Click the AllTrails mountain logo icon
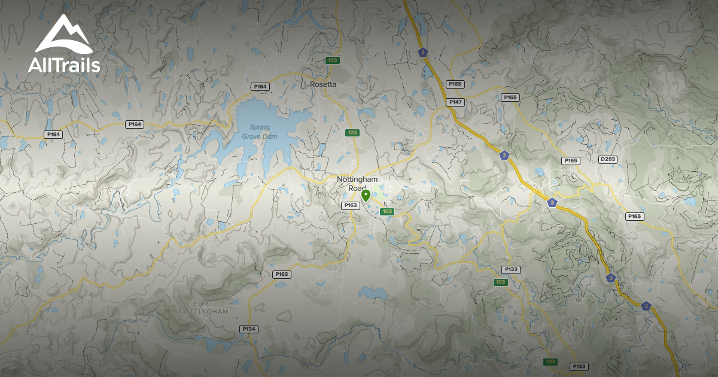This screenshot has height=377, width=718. pyautogui.click(x=63, y=35)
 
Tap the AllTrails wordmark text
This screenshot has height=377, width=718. pyautogui.click(x=64, y=65)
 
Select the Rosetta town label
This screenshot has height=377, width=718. pyautogui.click(x=323, y=84)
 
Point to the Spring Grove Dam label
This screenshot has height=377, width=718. pyautogui.click(x=256, y=132)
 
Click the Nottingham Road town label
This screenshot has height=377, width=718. pyautogui.click(x=357, y=183)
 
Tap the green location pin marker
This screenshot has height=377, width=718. pyautogui.click(x=366, y=195)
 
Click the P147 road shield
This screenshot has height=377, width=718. pyautogui.click(x=456, y=102)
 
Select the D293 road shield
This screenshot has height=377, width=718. pyautogui.click(x=607, y=159)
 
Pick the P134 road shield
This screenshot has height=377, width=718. pyautogui.click(x=248, y=329)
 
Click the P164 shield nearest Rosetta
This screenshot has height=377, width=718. pyautogui.click(x=260, y=87)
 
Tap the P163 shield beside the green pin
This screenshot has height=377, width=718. pyautogui.click(x=351, y=205)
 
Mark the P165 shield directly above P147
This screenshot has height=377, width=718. pyautogui.click(x=455, y=84)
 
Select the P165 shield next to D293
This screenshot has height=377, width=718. pyautogui.click(x=571, y=161)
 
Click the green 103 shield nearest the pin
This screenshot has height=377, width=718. pyautogui.click(x=387, y=211)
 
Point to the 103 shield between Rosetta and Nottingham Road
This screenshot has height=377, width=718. pyautogui.click(x=352, y=132)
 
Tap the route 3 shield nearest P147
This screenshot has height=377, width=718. pyautogui.click(x=424, y=53)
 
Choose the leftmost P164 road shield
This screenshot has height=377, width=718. pyautogui.click(x=53, y=135)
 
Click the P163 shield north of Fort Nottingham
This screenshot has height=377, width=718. pyautogui.click(x=282, y=274)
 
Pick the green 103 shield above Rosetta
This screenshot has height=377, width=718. pyautogui.click(x=333, y=60)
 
